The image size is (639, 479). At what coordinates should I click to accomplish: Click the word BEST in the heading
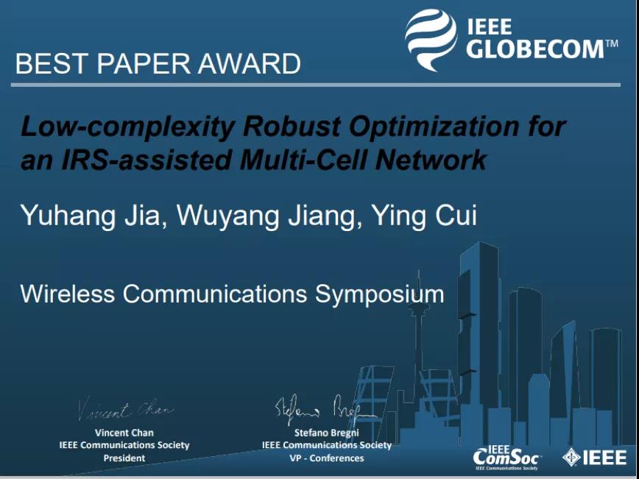pyautogui.click(x=51, y=63)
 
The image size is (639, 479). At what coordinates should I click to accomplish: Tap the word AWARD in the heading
pyautogui.click(x=249, y=63)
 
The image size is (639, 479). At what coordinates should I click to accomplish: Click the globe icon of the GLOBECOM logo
pyautogui.click(x=431, y=40)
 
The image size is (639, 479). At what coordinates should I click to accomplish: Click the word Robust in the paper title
pyautogui.click(x=292, y=127)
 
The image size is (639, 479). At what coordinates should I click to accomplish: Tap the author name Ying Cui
pyautogui.click(x=424, y=216)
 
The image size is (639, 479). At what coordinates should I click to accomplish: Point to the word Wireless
pyautogui.click(x=67, y=294)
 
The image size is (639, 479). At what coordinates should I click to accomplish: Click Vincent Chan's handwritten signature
pyautogui.click(x=126, y=408)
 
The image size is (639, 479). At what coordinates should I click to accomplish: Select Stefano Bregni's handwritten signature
pyautogui.click(x=325, y=409)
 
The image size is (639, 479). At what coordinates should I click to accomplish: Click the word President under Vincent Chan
pyautogui.click(x=124, y=458)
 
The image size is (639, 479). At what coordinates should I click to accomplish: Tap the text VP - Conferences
pyautogui.click(x=327, y=458)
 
